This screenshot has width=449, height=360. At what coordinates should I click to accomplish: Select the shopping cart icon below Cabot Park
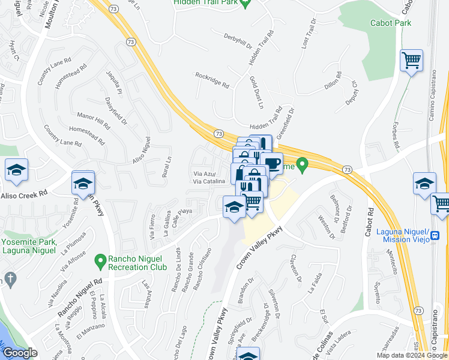click(411, 61)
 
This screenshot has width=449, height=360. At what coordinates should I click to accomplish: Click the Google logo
click(20, 353)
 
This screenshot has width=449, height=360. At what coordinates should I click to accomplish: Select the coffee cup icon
click(271, 163)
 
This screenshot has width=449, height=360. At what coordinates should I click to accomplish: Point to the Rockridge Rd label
click(212, 80)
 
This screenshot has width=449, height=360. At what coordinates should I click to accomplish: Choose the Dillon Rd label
click(333, 82)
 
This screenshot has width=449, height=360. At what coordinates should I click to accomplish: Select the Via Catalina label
click(208, 181)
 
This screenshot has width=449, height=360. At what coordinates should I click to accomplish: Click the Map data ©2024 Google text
click(412, 355)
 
